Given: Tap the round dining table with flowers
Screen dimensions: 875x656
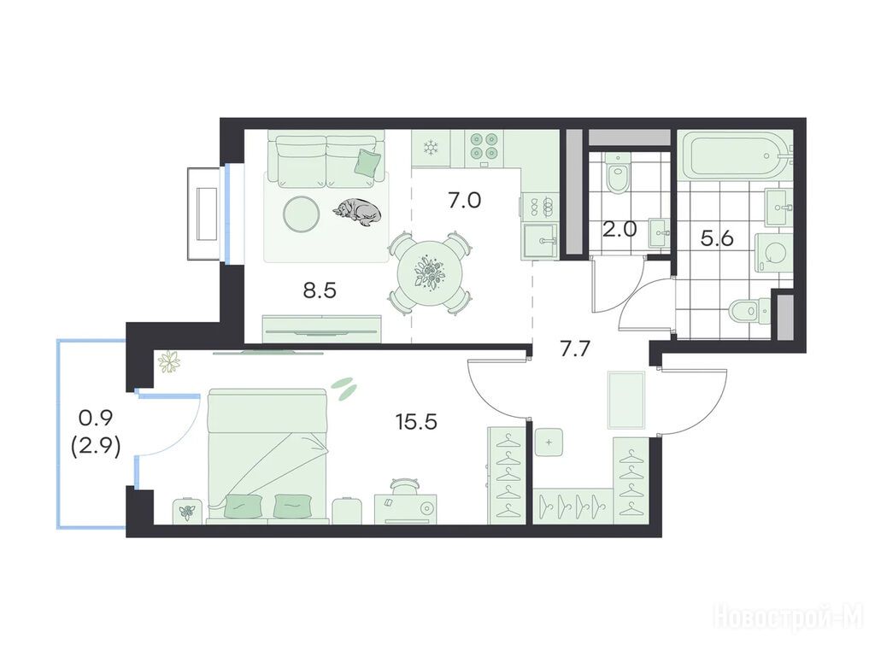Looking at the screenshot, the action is click(430, 273).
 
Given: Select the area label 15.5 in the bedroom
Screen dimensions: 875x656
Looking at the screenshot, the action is click(416, 422).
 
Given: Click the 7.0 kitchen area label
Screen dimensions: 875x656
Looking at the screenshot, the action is click(464, 200).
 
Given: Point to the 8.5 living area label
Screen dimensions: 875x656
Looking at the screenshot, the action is click(320, 290).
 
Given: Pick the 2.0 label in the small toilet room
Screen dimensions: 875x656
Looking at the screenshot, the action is click(620, 229).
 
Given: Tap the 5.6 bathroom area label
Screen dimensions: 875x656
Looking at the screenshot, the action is click(717, 239).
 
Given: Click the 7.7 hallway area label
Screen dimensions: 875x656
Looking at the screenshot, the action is click(575, 349).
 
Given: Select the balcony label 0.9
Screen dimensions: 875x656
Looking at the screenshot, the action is click(96, 417).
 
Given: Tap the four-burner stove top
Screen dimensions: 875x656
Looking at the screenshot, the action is click(484, 145).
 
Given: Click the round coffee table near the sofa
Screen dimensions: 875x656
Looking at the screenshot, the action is click(302, 214).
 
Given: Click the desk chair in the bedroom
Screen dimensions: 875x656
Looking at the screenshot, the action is click(405, 486).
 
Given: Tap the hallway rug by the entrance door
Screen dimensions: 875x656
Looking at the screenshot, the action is click(626, 401).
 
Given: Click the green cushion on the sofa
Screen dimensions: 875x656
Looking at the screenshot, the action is click(367, 163).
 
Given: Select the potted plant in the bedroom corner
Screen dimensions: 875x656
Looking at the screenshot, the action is click(168, 361).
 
